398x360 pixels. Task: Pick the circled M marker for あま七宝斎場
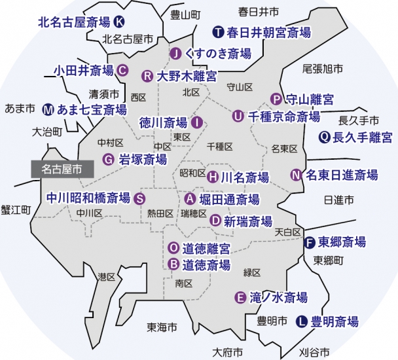pyautogui.click(x=48, y=109)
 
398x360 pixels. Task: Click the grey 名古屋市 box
pyautogui.click(x=62, y=169)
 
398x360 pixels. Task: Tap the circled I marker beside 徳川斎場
pyautogui.click(x=197, y=122)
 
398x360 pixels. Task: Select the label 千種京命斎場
pyautogui.click(x=284, y=117)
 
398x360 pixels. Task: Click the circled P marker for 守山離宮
pyautogui.click(x=276, y=99)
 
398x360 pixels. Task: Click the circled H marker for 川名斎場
pyautogui.click(x=213, y=177)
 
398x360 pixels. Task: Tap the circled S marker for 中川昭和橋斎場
pyautogui.click(x=139, y=198)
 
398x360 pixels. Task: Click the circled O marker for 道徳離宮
pyautogui.click(x=173, y=248)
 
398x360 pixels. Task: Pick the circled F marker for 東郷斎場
pyautogui.click(x=310, y=242)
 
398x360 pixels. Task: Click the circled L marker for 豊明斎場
pyautogui.click(x=302, y=321)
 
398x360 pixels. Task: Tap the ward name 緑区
pyautogui.click(x=252, y=272)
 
